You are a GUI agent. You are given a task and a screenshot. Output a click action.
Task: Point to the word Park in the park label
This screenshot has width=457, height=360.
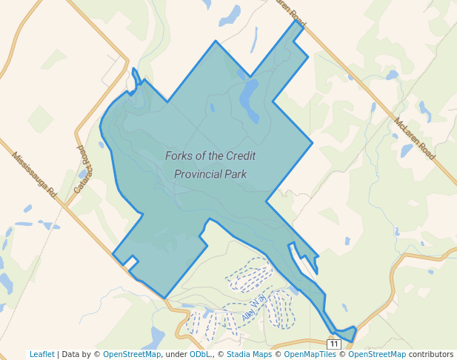pos(236,175)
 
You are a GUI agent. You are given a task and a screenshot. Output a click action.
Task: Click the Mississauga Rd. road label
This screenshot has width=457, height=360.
pos(34,175)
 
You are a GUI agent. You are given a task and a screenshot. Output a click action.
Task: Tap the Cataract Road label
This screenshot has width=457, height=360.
pos(82,169)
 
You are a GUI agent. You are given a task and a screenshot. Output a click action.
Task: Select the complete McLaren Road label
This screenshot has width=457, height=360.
pos(415,139)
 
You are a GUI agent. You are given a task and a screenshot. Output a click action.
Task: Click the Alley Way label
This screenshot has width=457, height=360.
pos(253,310)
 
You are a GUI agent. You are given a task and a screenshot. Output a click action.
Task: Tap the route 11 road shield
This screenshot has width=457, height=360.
pos(334,344)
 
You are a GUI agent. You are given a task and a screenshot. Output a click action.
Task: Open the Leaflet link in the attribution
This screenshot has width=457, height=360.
pos(42,354)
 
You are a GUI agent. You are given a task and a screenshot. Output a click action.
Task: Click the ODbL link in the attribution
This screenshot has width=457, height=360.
pos(200,354)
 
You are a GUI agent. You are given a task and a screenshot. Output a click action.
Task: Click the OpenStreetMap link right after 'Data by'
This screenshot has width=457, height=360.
pos(132,354)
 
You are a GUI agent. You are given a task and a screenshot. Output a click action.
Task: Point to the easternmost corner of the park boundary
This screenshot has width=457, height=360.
pos(313,141)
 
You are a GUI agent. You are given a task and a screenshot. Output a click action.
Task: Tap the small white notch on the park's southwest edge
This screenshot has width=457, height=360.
pos(131,261)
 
